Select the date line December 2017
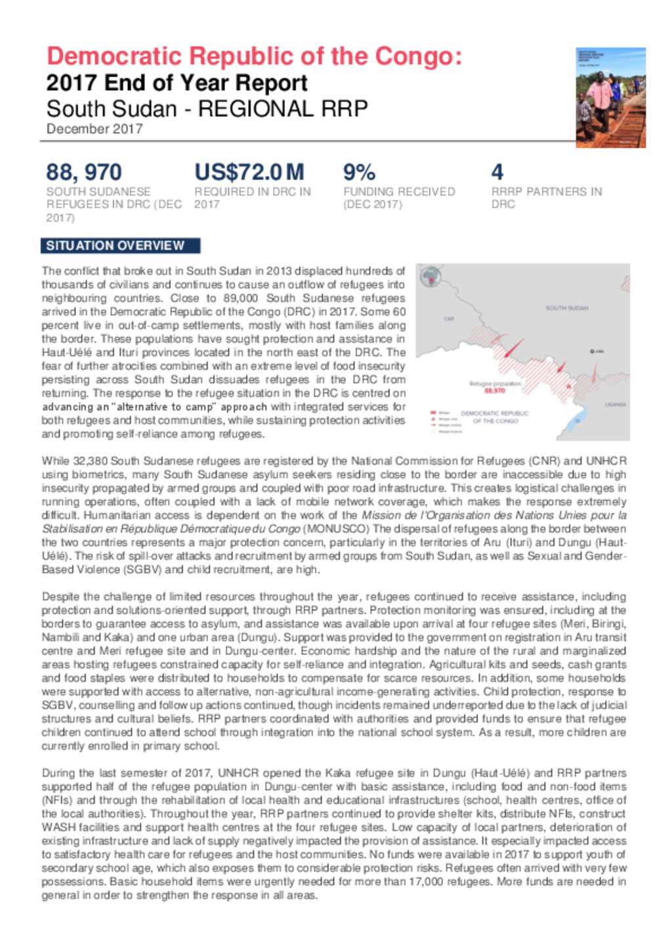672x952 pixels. click(x=94, y=129)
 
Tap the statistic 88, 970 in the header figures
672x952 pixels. click(x=83, y=173)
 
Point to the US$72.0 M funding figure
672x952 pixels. click(x=249, y=173)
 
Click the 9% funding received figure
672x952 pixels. click(x=359, y=173)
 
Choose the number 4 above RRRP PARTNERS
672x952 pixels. click(x=497, y=173)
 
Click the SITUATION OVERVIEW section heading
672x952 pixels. click(x=115, y=246)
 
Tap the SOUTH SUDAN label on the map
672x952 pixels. click(x=566, y=307)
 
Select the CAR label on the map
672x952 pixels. click(x=449, y=319)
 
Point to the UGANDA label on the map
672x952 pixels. click(x=615, y=405)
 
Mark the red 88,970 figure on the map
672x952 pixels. click(x=495, y=390)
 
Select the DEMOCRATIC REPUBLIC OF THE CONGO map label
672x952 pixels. click(x=495, y=417)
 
